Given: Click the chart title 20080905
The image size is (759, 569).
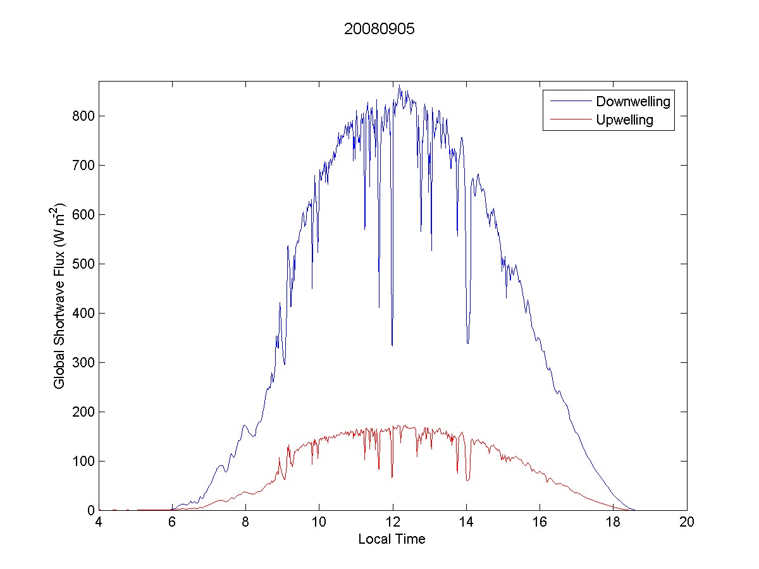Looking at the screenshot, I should click(x=379, y=29).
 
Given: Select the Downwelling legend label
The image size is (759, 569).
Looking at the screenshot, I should click(x=632, y=101).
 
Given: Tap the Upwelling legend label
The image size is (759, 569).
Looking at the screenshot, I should click(x=624, y=119).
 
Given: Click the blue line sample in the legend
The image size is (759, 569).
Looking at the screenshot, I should click(x=569, y=101).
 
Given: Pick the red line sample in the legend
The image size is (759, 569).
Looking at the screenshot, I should click(x=569, y=119).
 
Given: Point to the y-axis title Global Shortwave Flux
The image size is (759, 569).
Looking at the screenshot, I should click(x=59, y=295).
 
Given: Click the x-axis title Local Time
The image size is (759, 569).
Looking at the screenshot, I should click(x=392, y=539).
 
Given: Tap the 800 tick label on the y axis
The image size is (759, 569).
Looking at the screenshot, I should click(x=85, y=116).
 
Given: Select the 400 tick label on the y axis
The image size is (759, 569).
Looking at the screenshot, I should click(x=85, y=313).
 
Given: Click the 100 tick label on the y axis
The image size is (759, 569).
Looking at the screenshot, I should click(x=85, y=461).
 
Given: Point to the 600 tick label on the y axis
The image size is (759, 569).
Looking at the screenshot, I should click(x=85, y=214).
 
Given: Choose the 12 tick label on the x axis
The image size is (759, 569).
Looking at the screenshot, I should click(x=393, y=523).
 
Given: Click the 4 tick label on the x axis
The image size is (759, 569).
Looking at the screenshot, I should click(x=99, y=523).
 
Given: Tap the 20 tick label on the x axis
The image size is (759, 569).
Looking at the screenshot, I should click(x=687, y=523).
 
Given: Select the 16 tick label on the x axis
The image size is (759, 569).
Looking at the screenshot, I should click(x=540, y=523).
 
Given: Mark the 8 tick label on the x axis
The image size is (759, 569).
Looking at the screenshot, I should click(x=245, y=523).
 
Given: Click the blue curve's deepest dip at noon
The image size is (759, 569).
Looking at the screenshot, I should click(x=392, y=345).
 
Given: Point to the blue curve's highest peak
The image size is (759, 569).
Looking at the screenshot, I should click(x=399, y=86).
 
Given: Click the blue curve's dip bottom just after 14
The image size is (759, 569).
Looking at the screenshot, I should click(x=468, y=343).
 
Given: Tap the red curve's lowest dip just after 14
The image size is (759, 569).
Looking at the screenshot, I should click(x=467, y=480).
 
